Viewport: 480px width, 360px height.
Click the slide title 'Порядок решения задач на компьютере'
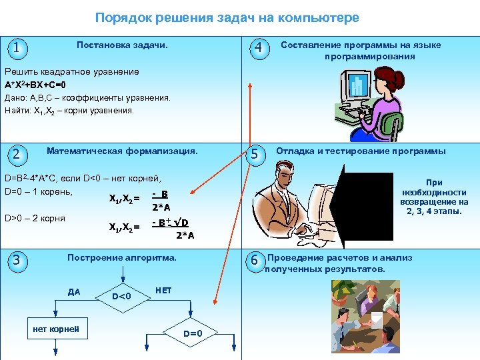coord(227,18)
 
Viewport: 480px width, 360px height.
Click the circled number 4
coord(259,48)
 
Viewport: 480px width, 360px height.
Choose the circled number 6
coord(254,261)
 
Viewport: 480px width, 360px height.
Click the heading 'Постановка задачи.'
coord(122,45)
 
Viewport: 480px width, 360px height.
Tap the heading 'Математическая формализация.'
coord(122,151)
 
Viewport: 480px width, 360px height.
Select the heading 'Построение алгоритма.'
coord(122,257)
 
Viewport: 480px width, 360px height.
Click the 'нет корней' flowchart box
coord(56,329)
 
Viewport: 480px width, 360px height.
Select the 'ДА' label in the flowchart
coord(74,291)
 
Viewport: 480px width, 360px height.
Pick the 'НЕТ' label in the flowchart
coord(163,291)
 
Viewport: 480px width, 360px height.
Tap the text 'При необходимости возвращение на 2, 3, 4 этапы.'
coord(434,197)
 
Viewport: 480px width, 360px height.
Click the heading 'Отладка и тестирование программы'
coord(361,151)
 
